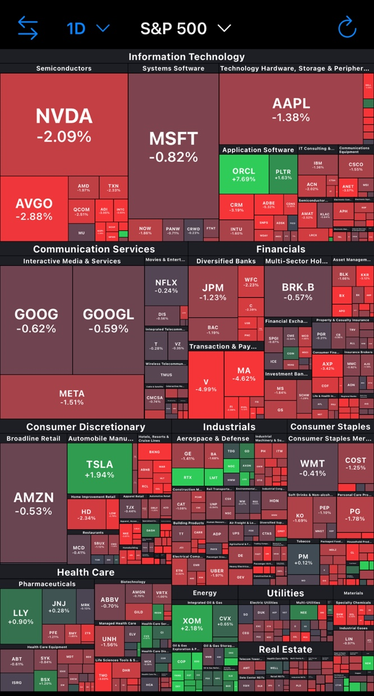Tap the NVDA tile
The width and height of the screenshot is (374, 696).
coord(64,125)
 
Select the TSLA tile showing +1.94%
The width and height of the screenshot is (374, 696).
coord(99,469)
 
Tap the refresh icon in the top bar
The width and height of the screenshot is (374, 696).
coord(348,28)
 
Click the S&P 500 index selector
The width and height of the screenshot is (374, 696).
coord(185,28)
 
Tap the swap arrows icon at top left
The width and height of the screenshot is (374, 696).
coord(28,28)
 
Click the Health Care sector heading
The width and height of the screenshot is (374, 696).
coord(85,572)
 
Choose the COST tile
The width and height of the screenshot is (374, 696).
coord(355,464)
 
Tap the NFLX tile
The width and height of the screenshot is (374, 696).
coord(166,286)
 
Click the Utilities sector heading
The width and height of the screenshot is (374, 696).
coord(285,593)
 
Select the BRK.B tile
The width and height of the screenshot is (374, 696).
coord(298,291)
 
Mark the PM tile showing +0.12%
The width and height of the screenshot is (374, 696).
coord(303,558)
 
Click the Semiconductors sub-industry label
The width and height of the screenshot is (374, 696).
coord(63,69)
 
